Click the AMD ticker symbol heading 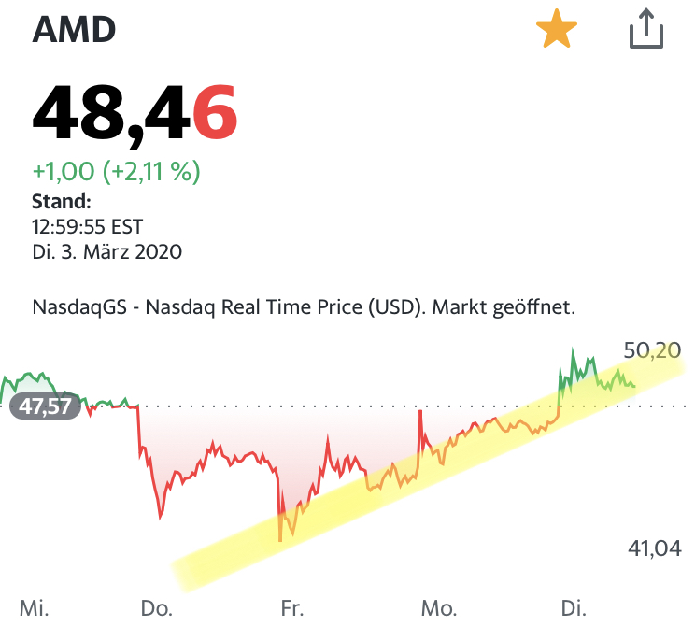75,30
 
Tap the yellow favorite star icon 557,31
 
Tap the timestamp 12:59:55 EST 88,226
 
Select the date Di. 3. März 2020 106,251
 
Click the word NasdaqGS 77,306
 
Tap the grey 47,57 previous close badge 44,407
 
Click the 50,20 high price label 651,350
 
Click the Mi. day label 34,609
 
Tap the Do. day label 157,609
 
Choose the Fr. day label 291,609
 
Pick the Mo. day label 438,609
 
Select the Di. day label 573,609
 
